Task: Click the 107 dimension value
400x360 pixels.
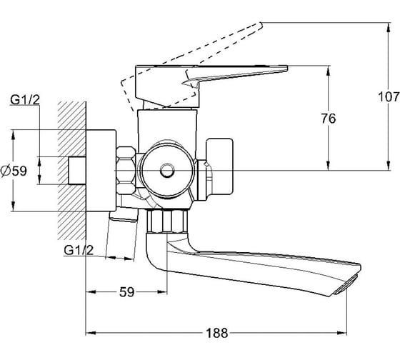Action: click(389, 96)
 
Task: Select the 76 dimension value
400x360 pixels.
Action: click(329, 119)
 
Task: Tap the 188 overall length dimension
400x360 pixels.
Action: click(217, 333)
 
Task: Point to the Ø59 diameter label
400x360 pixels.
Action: click(14, 171)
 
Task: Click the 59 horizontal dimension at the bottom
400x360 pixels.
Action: click(127, 292)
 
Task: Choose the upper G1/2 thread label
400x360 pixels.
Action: click(25, 100)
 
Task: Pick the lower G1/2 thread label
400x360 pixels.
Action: click(79, 250)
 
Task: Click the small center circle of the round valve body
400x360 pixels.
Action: click(167, 171)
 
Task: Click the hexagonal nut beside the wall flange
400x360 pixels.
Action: click(126, 170)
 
